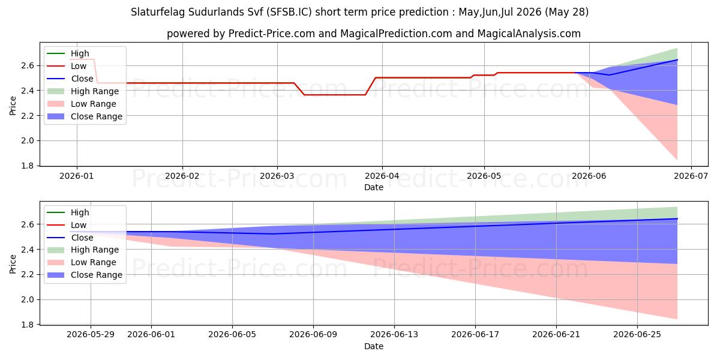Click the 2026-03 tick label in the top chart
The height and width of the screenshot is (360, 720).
(277, 176)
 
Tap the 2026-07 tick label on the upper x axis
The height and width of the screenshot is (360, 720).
(691, 176)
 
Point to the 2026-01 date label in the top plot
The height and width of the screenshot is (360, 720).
(77, 176)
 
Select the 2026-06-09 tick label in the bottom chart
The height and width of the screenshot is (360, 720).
(313, 335)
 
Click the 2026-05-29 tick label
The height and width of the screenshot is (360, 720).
(91, 335)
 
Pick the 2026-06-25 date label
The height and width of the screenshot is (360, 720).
(637, 335)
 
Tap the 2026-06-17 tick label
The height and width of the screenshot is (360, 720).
(475, 335)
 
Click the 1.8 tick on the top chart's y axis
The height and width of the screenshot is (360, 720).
(28, 166)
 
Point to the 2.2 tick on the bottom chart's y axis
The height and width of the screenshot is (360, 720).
(28, 275)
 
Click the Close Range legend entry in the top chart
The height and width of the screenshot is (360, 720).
(85, 116)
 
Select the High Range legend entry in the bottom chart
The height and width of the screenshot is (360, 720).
(83, 250)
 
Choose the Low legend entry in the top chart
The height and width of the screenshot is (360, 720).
(67, 66)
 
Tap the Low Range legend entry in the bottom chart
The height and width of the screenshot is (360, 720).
(82, 262)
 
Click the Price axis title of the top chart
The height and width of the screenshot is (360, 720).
(13, 106)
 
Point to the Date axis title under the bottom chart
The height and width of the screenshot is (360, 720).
(373, 346)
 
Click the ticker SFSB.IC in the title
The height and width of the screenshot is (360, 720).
(289, 12)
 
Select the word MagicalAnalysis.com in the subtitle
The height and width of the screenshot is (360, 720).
(529, 34)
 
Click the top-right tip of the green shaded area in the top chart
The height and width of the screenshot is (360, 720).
(677, 48)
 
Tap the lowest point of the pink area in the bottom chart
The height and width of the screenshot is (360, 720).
(677, 319)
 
